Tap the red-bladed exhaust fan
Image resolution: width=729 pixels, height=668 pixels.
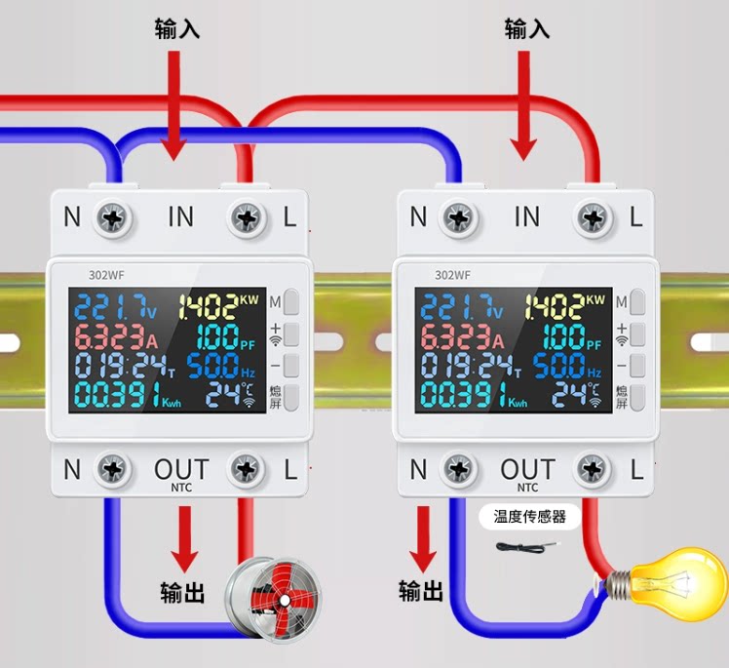point(273,600)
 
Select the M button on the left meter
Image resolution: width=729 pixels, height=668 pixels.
point(291,301)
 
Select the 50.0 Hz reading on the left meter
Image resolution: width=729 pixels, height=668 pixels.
point(221,365)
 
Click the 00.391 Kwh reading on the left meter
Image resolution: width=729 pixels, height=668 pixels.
point(128,395)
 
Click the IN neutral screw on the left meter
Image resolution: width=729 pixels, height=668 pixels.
point(113,218)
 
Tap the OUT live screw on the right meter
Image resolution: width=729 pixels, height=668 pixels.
point(592,469)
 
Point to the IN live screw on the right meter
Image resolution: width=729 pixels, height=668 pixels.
point(594,218)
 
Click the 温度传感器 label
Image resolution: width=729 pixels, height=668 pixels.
point(529,516)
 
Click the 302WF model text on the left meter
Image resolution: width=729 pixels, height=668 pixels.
point(106,275)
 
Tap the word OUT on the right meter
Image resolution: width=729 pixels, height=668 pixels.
point(527,469)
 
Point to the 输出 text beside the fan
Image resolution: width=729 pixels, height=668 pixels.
point(182,593)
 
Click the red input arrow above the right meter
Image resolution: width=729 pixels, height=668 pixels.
point(524,105)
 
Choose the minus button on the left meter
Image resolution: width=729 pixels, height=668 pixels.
point(291,365)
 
